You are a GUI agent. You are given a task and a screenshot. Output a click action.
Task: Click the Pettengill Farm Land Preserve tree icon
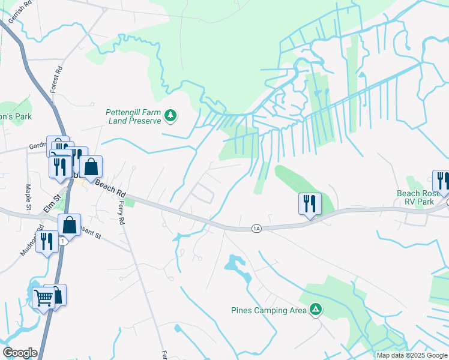(170, 116)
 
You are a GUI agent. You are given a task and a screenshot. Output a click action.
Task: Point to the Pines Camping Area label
(268, 310)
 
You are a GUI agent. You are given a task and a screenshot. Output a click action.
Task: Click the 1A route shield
(256, 228)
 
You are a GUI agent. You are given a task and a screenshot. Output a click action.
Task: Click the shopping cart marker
(43, 296)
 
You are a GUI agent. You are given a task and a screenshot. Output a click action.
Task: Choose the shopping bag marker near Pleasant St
(70, 226)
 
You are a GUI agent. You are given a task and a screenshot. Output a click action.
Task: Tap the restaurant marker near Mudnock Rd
(46, 241)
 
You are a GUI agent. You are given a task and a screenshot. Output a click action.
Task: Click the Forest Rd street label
(59, 78)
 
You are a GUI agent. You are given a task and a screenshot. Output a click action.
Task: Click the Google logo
(20, 352)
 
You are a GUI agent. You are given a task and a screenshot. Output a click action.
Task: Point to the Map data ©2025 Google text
(411, 355)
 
